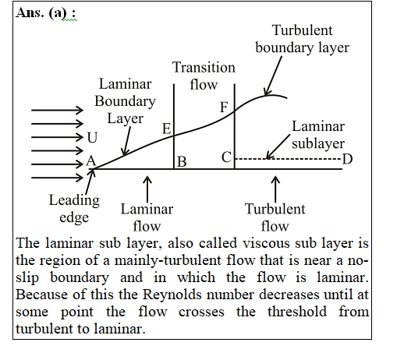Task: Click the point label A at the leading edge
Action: click(x=91, y=161)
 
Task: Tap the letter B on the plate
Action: click(x=182, y=161)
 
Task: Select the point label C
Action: click(x=226, y=157)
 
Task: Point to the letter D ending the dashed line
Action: click(x=347, y=159)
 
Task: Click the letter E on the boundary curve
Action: click(x=167, y=129)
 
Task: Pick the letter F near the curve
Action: click(x=224, y=107)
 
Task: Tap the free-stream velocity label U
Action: click(x=92, y=137)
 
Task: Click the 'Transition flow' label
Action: click(x=204, y=76)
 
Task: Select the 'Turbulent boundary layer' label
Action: click(x=302, y=39)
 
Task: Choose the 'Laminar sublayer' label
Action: click(x=318, y=135)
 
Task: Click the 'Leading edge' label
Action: click(x=74, y=209)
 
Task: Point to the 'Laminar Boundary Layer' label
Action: click(x=125, y=101)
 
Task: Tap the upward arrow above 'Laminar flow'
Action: click(x=147, y=189)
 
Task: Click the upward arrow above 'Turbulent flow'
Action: click(x=275, y=189)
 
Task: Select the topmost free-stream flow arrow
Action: click(x=57, y=110)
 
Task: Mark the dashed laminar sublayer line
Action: click(x=288, y=158)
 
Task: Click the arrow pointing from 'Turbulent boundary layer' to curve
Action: click(x=273, y=76)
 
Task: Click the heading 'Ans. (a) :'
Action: click(x=46, y=13)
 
